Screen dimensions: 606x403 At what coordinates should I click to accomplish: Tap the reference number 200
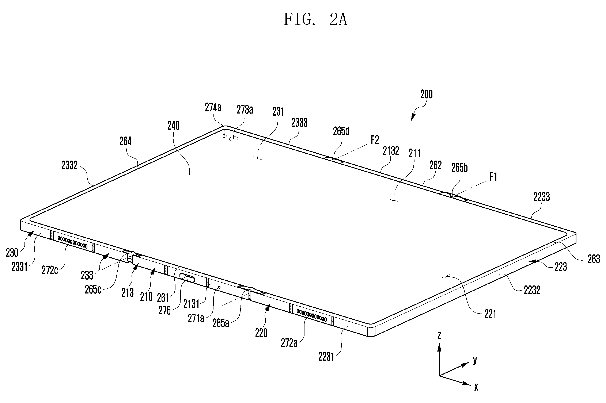click(427, 94)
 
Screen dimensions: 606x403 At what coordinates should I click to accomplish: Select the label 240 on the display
click(173, 126)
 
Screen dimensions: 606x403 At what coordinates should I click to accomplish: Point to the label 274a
click(213, 107)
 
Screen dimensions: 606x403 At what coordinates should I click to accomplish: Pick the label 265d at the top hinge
click(341, 131)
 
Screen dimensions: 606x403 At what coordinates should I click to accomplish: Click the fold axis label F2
click(375, 140)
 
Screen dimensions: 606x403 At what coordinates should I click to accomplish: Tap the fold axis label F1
click(493, 177)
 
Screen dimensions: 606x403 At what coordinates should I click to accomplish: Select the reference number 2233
click(541, 197)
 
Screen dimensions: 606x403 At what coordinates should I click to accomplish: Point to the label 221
click(490, 314)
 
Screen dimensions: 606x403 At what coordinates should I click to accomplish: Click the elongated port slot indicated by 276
click(187, 278)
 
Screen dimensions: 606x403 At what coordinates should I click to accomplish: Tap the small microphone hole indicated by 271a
click(219, 287)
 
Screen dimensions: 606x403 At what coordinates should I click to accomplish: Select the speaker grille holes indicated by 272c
click(73, 242)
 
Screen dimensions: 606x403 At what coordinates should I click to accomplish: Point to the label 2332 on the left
click(69, 165)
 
